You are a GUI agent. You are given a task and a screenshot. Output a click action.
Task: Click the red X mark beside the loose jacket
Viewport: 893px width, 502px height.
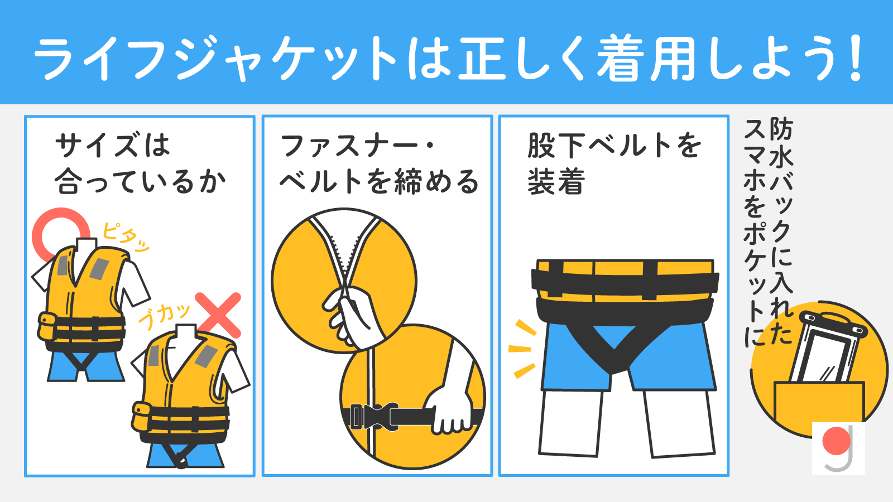coord(218,315)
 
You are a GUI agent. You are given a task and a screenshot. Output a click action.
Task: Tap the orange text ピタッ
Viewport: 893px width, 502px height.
coord(125,237)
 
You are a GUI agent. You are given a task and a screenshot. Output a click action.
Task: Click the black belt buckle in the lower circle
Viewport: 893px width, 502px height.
coord(374,416)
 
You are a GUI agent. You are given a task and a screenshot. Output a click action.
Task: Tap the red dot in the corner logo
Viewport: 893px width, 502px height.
coord(836,441)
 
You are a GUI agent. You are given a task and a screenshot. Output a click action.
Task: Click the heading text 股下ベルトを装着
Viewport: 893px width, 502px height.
coord(614,163)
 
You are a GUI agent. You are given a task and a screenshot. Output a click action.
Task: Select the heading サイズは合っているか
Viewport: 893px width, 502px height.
coord(140,163)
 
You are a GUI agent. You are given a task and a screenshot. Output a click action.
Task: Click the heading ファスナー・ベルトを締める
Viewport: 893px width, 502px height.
coord(379,163)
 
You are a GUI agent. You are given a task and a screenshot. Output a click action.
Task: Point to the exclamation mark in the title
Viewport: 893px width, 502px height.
coord(855,59)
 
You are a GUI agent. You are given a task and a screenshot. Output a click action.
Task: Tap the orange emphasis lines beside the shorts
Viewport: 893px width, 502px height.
coord(522,349)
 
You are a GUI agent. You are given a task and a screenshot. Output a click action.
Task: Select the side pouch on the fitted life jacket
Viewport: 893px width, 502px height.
coord(47,327)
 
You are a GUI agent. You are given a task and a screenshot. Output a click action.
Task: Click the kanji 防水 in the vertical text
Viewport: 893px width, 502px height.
coord(781,143)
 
